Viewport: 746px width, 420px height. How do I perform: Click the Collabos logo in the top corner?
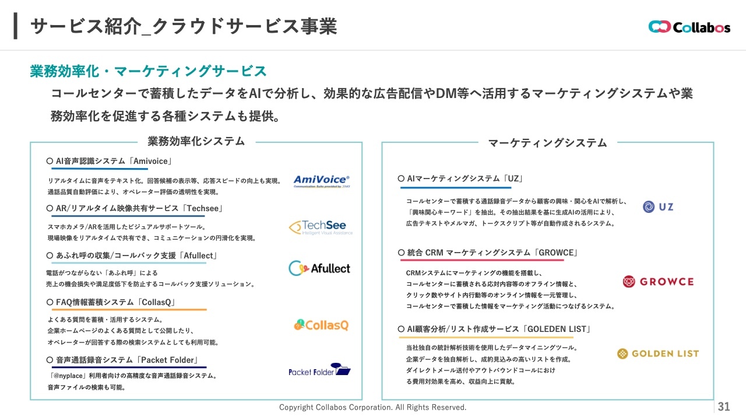click(689, 27)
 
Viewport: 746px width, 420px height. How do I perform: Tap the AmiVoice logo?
click(321, 181)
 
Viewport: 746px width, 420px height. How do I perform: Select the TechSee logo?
click(321, 227)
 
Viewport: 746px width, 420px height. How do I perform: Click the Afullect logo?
click(319, 268)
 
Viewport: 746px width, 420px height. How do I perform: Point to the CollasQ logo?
click(321, 325)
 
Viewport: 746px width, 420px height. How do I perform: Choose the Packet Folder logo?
click(319, 370)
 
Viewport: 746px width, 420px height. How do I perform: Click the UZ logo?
click(658, 206)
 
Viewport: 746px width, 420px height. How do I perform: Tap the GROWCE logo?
click(658, 282)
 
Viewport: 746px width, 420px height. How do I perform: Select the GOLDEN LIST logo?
click(657, 353)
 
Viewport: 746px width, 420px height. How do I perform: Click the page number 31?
click(724, 407)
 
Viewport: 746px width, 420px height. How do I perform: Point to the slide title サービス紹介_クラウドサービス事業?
click(183, 26)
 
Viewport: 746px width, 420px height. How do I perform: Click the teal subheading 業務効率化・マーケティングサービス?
click(148, 71)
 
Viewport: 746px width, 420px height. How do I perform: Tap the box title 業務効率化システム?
click(196, 141)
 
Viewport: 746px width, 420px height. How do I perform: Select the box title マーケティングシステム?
click(547, 142)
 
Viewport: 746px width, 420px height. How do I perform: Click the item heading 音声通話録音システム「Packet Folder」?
click(123, 359)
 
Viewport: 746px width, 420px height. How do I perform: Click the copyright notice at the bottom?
click(373, 407)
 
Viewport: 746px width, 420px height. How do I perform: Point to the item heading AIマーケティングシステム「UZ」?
click(460, 178)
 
